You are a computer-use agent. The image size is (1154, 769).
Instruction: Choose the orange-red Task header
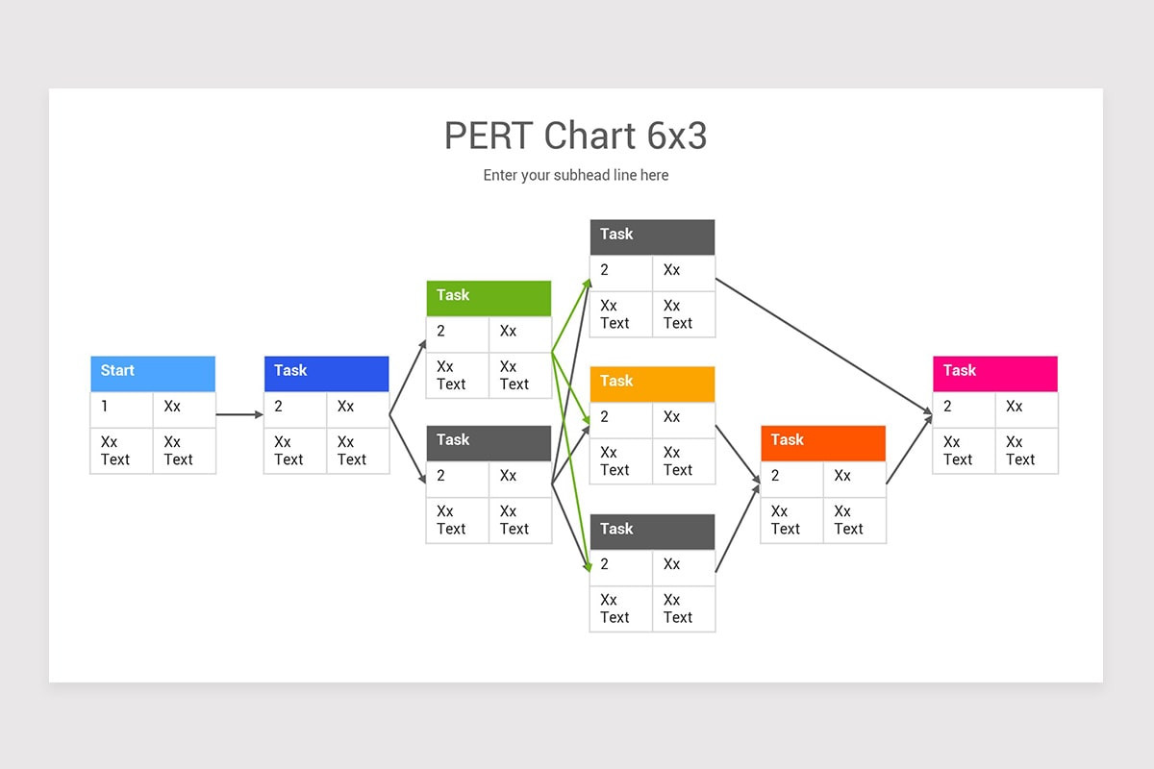point(822,442)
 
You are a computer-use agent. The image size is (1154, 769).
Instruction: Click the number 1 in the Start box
point(105,407)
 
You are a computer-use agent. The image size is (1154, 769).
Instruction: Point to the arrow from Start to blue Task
point(238,414)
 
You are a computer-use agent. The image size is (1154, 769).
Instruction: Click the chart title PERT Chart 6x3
point(575,136)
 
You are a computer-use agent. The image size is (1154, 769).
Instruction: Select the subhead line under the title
point(575,175)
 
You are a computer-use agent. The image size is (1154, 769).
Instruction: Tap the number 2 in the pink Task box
point(947,407)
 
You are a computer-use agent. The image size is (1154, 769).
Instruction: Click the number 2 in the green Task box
point(440,332)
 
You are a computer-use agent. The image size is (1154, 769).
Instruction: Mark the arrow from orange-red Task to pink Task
point(909,449)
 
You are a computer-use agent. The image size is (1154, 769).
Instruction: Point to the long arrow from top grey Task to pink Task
point(824,346)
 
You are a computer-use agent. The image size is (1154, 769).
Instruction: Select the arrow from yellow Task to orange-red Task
point(738,453)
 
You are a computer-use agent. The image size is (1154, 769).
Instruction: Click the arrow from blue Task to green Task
point(408,377)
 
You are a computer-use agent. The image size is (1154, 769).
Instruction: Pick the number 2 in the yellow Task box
point(604,417)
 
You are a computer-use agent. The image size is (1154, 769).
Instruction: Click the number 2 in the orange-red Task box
point(775,476)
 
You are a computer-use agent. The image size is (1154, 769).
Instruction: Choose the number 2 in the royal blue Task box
point(278,407)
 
